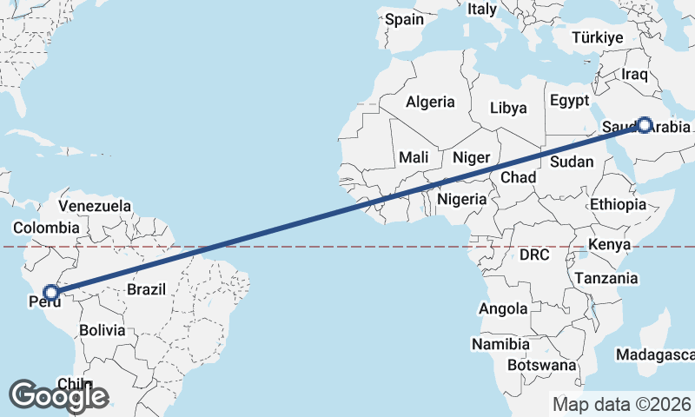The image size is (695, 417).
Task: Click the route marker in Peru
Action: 52,293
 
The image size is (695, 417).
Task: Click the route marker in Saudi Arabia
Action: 644,125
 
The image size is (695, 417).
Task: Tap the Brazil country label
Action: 146,289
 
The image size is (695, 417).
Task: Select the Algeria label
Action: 430,102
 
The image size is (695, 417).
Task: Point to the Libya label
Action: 508,109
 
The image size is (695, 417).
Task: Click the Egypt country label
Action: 569,100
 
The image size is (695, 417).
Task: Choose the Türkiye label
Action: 599,37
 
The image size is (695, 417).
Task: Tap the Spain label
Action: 404,18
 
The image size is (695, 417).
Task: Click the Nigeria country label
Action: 462,199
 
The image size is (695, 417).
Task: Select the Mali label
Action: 414,157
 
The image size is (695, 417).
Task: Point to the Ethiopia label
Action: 619,205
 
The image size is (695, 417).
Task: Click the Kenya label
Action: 609,245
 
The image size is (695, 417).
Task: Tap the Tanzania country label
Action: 606,279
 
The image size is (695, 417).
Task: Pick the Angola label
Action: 503,308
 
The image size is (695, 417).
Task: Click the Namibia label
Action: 500,345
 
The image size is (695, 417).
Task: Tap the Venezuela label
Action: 96,207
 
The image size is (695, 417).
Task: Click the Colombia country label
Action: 46,228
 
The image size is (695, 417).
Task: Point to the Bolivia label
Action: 102,331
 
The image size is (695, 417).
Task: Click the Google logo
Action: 58,396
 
